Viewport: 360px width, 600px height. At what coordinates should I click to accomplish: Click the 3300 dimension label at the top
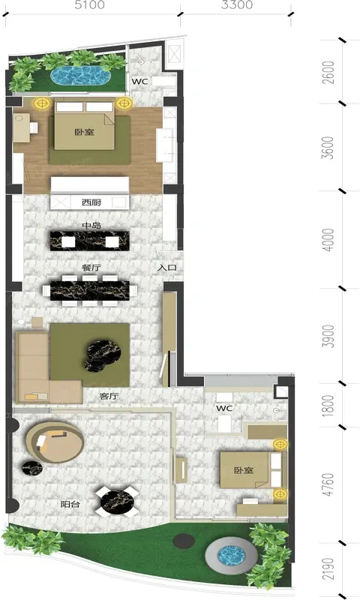click(237, 5)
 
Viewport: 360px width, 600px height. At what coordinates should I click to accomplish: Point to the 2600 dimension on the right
click(328, 72)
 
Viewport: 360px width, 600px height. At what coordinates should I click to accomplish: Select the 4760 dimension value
click(328, 484)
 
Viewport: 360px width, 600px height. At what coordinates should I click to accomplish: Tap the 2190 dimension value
click(328, 569)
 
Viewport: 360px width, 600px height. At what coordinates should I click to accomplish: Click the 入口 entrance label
click(167, 268)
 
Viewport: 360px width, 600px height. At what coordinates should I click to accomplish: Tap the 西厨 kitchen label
click(91, 202)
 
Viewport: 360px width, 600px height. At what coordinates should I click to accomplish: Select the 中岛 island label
click(91, 226)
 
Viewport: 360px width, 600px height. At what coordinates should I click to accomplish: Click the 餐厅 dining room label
click(91, 268)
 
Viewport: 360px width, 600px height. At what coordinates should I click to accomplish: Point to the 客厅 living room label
click(109, 396)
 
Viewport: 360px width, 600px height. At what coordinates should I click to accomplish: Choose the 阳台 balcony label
click(70, 504)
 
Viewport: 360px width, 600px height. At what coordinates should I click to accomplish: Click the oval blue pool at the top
click(81, 76)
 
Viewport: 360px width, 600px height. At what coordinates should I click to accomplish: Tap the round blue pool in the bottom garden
click(231, 556)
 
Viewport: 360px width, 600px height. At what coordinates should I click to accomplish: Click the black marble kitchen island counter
click(89, 241)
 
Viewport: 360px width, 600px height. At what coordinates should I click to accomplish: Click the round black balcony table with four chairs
click(117, 501)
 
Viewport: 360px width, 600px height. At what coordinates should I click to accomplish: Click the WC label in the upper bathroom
click(139, 82)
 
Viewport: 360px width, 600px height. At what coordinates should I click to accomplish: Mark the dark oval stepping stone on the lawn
click(184, 541)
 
